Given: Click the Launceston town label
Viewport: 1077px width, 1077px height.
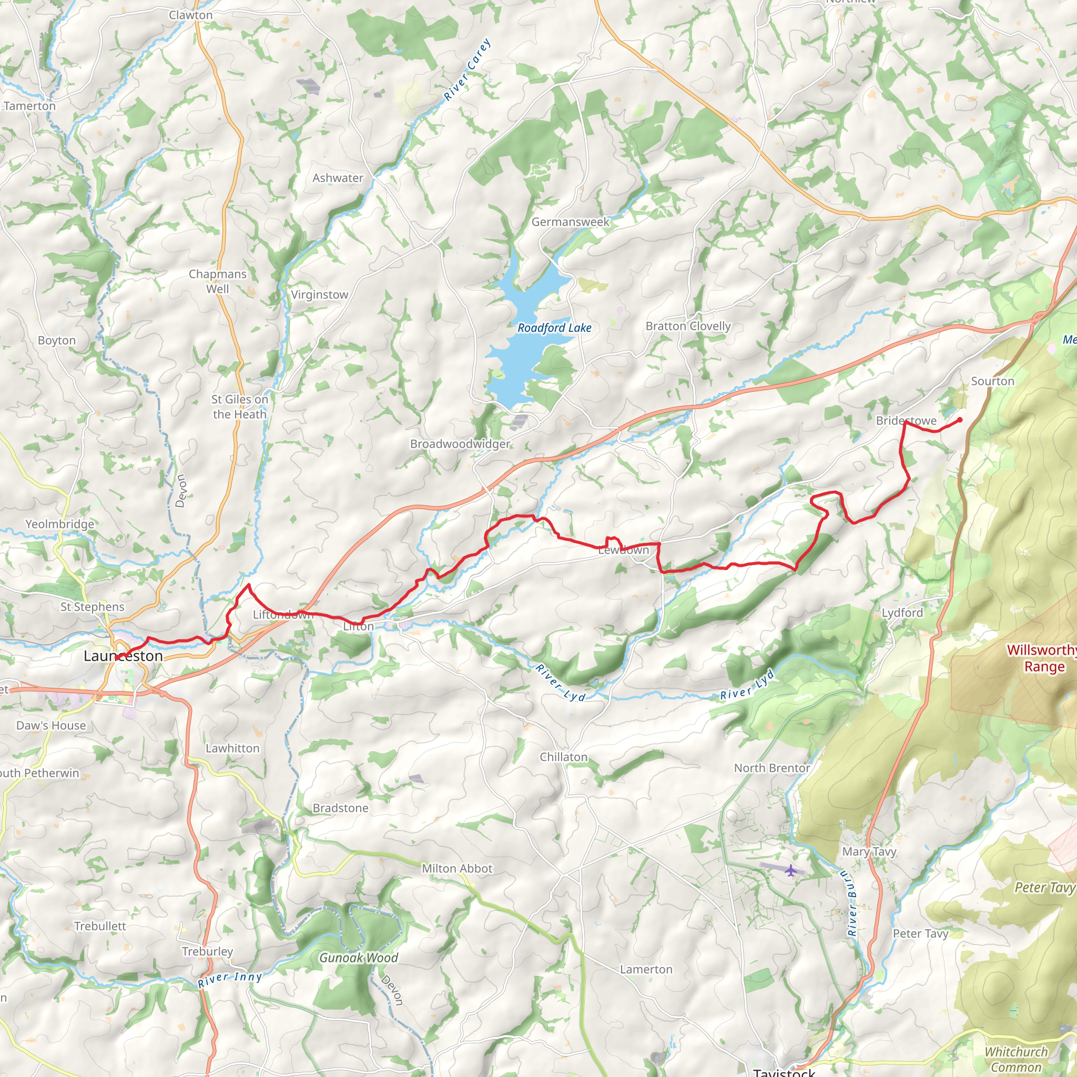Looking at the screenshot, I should [x=123, y=656].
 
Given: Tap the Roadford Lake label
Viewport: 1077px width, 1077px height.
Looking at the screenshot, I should [x=554, y=328].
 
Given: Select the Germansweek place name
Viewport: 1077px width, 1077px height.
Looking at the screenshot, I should [x=570, y=222].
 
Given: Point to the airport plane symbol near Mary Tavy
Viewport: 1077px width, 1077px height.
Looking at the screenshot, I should [x=790, y=870].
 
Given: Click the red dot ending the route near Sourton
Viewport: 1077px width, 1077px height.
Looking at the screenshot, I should [x=959, y=420].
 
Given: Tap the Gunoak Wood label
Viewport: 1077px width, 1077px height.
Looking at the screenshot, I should [x=359, y=958].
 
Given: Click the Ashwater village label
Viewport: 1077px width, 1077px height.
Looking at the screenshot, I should [x=338, y=178].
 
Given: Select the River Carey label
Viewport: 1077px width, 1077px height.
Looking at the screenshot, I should [x=468, y=70].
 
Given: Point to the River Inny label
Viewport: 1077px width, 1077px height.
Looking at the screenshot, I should [x=230, y=979].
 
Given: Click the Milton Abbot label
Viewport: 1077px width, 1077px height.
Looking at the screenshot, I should [x=457, y=869].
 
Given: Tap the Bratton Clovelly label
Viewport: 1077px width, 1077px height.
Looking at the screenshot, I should [x=688, y=326].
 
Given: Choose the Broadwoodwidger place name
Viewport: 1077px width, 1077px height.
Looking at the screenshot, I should [x=460, y=444].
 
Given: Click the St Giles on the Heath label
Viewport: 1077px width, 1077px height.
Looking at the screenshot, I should [x=240, y=407].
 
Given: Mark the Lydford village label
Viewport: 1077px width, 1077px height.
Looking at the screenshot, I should [x=902, y=613].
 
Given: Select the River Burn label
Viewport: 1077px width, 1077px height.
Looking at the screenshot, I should [x=852, y=903].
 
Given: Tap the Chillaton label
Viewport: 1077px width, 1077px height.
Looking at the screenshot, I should [x=564, y=757].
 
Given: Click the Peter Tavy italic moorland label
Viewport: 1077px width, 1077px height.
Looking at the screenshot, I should [x=1043, y=888].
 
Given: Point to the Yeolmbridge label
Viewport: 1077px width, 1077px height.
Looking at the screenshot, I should [x=59, y=524].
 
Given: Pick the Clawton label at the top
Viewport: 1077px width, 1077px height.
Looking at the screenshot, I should [x=191, y=15].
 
